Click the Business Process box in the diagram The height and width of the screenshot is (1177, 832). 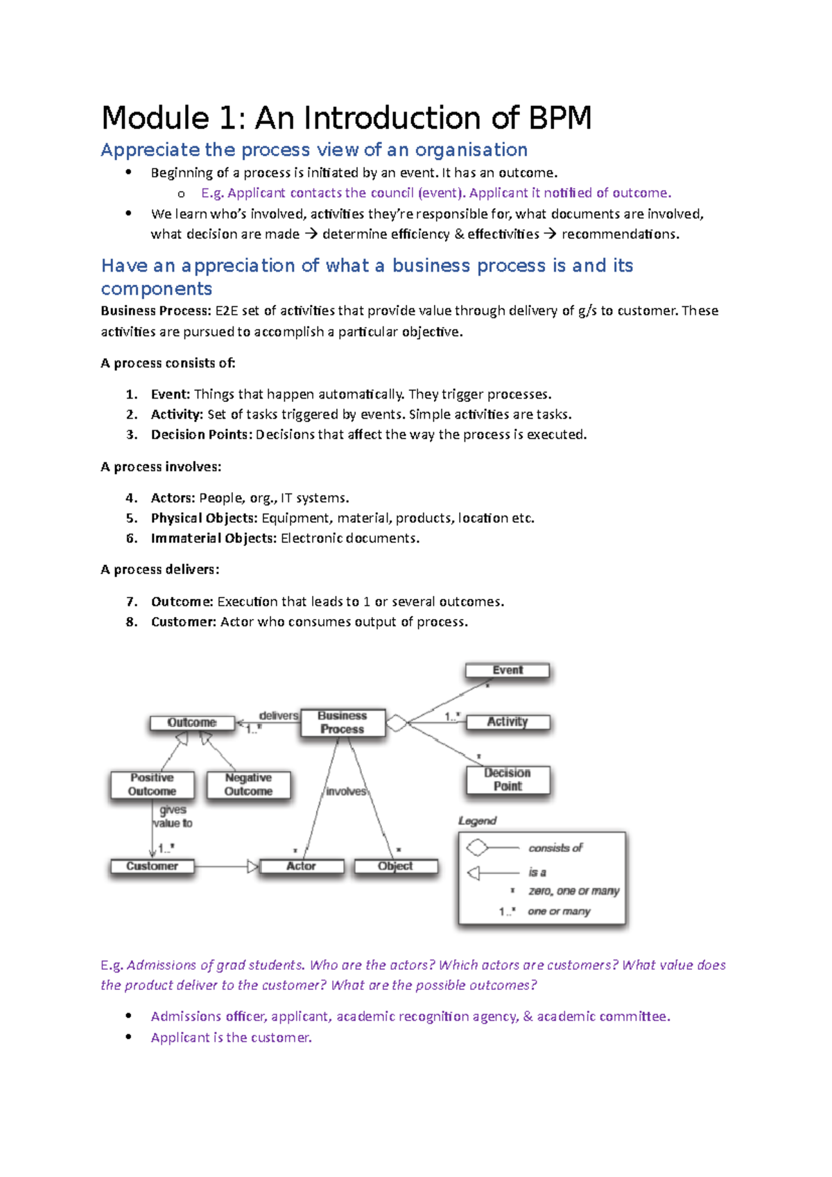pos(343,722)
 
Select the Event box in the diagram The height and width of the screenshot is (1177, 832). pos(508,670)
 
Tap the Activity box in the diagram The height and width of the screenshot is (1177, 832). pos(508,722)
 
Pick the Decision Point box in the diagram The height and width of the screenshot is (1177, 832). pos(508,779)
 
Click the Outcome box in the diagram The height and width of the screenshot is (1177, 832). pos(192,722)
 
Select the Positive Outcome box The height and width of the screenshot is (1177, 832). pos(152,785)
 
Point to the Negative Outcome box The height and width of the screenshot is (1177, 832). pos(248,785)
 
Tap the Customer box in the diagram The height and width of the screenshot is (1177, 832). pos(152,866)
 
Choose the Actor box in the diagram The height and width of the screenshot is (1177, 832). pos(301,866)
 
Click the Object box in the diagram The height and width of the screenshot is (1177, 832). pos(395,866)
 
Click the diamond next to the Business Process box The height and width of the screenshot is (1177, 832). pos(397,723)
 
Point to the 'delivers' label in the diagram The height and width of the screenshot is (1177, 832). pos(279,715)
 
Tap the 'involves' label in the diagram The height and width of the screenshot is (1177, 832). pos(346,792)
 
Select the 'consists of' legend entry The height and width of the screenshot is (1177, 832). pos(555,848)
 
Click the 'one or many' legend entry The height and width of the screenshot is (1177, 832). pos(559,911)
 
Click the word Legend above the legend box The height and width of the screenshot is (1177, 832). pos(477,821)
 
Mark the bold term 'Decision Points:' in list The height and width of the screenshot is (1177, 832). pos(201,435)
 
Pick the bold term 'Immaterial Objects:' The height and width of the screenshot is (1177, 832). pos(214,539)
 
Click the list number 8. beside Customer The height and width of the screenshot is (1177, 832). pos(132,622)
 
